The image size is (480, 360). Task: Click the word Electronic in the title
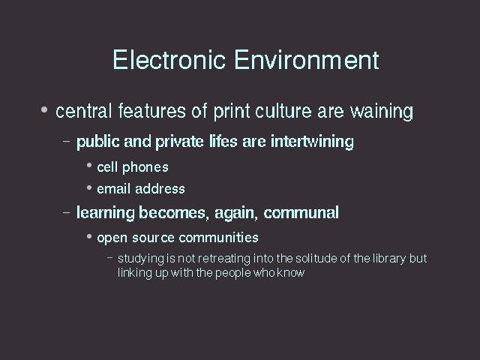(x=169, y=59)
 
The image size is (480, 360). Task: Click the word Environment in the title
(x=307, y=59)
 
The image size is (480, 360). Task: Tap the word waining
(x=382, y=111)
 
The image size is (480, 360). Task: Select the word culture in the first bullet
(x=283, y=110)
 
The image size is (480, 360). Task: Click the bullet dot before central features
(x=44, y=109)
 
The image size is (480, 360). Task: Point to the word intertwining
(x=312, y=142)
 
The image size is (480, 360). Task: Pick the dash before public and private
(x=66, y=142)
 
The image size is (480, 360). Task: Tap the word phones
(x=145, y=168)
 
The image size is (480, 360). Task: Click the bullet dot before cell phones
(x=89, y=165)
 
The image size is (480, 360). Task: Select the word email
(x=114, y=189)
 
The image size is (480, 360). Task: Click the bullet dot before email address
(x=89, y=187)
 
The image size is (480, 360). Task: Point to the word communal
(x=301, y=213)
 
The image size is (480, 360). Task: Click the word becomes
(x=174, y=213)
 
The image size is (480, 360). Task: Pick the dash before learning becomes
(x=66, y=212)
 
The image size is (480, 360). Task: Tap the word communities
(x=218, y=238)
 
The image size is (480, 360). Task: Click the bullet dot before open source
(x=89, y=236)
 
